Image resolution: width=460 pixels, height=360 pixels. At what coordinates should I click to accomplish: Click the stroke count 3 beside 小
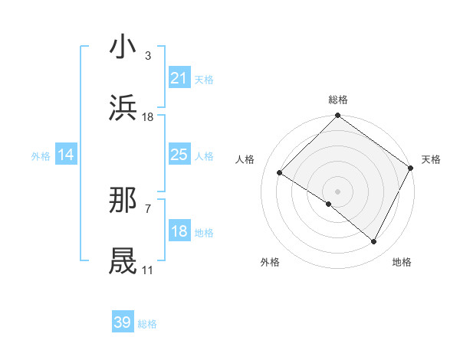tap(148, 56)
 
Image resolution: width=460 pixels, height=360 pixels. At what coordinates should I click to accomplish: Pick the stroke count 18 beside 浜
tap(148, 117)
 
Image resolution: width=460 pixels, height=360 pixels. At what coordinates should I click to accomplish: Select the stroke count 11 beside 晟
tap(147, 270)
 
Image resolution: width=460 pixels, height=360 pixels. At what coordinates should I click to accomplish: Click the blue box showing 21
tap(179, 78)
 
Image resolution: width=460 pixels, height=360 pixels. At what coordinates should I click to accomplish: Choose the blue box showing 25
tap(179, 155)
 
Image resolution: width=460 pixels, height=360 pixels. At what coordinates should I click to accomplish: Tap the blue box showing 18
tap(179, 231)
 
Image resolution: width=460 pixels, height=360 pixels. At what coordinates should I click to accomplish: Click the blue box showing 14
tap(66, 155)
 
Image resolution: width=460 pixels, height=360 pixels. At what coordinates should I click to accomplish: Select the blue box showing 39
tap(123, 322)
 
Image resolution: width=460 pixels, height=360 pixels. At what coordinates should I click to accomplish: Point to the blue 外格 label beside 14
tap(41, 155)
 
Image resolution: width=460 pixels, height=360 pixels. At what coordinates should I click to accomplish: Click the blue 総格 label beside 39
tap(147, 324)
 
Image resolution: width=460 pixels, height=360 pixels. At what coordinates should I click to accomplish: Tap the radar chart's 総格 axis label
tap(337, 100)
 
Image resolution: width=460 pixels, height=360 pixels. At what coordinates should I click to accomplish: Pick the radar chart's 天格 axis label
tap(431, 159)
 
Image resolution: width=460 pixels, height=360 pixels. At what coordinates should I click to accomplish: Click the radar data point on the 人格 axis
tap(280, 172)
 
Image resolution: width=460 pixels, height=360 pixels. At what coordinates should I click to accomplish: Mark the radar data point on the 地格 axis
tap(374, 242)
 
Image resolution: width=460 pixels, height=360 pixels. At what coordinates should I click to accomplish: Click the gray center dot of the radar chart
tap(337, 190)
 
